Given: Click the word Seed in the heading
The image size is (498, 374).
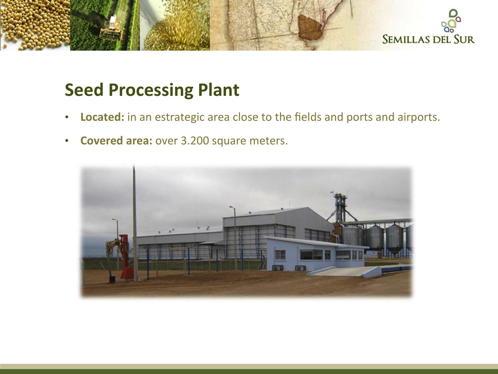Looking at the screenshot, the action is tap(84, 90).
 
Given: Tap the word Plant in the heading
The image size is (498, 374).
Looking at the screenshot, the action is tap(219, 90).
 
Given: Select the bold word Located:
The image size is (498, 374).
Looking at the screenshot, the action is tap(102, 117).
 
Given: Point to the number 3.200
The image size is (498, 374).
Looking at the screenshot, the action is tap(195, 141).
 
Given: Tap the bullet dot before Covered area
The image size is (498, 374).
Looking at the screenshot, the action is tap(67, 141).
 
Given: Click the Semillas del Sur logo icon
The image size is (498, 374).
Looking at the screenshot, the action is tap(451, 21).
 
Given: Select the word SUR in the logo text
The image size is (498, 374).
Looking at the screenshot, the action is tap(464, 39).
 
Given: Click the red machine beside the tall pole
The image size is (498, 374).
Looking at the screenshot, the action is tap(123, 257).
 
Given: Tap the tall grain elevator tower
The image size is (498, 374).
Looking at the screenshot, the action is tap(340, 209).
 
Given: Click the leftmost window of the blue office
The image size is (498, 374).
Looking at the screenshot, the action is tap(280, 255).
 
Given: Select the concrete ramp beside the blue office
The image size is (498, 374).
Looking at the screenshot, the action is tap(345, 271).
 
